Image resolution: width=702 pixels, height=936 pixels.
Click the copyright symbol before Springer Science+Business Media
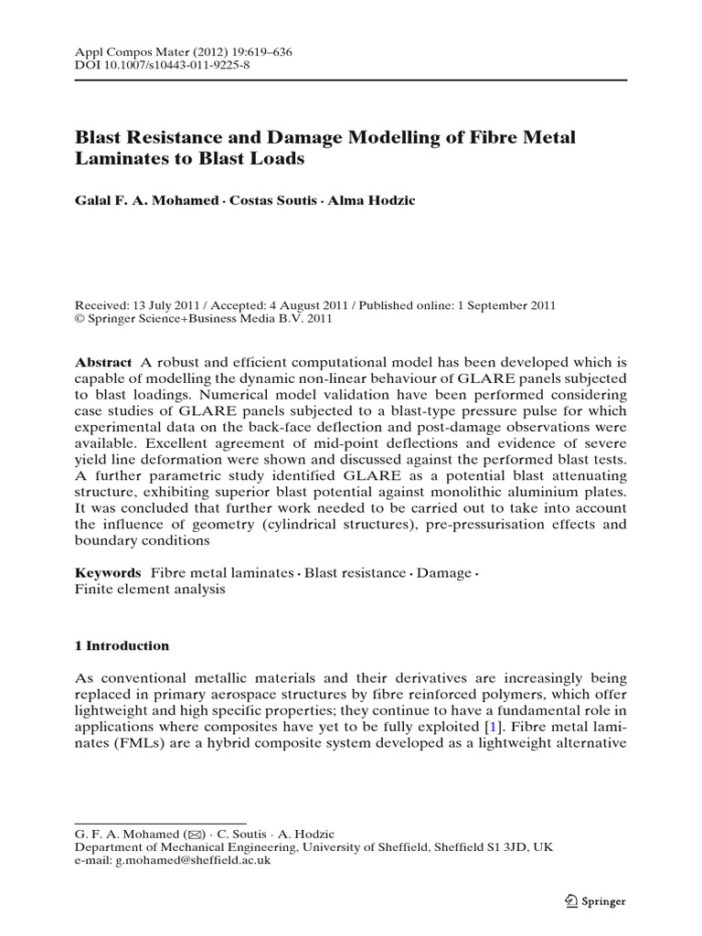(x=79, y=320)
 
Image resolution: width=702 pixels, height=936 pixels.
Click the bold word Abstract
(x=102, y=362)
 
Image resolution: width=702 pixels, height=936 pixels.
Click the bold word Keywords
(x=107, y=573)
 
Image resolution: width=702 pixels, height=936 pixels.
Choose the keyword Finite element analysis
(x=149, y=590)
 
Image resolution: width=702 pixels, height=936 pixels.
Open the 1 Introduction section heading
(x=122, y=646)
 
